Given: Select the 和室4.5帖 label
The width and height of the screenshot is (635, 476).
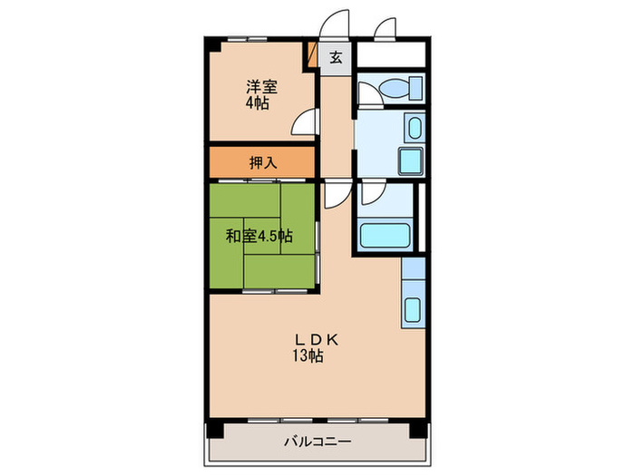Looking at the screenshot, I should coord(259,236).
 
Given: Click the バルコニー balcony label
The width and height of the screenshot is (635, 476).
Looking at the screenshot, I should coord(317,442).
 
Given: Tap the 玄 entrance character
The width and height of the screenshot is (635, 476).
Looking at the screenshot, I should coord(336,58).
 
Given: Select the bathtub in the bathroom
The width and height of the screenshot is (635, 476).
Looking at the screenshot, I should coord(385,235).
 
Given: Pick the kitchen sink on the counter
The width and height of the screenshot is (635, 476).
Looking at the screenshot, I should coord(411,308).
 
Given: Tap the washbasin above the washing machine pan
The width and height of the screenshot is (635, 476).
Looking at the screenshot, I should coord(413,128).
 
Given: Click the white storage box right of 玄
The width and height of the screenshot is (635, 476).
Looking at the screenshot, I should coord(391,53).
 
